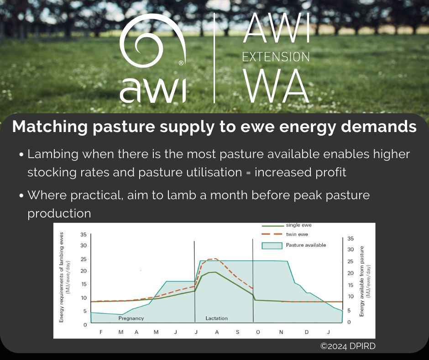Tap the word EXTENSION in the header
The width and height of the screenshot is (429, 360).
point(276,57)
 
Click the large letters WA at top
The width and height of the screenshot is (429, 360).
point(276,87)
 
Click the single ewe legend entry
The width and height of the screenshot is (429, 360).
point(299,225)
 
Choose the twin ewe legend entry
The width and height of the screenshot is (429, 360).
point(297,234)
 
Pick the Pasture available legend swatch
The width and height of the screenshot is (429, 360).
point(272,245)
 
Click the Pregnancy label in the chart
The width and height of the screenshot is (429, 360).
point(131,318)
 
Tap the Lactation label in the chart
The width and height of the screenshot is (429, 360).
point(216,318)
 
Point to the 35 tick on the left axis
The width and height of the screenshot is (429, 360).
point(83,234)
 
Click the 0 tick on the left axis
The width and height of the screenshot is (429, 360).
point(84,325)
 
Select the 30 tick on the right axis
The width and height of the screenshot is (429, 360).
point(350,249)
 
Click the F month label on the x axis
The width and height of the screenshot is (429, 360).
point(101,332)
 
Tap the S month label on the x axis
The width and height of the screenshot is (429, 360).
point(237,332)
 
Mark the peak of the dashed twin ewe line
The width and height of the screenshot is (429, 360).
point(212,259)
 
